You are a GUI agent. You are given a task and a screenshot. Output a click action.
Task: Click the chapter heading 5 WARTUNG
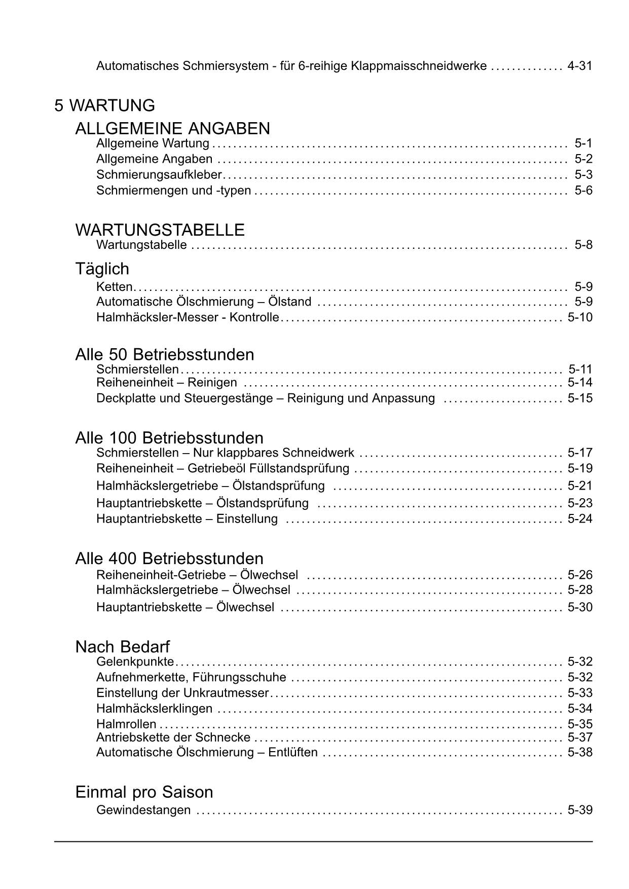(105, 106)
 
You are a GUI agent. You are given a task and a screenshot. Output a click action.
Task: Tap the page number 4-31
(580, 66)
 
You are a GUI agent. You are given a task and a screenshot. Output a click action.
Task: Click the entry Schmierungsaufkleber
(159, 175)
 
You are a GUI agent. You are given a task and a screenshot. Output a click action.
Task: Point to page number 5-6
(583, 191)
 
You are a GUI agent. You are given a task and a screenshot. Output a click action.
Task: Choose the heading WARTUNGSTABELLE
(160, 230)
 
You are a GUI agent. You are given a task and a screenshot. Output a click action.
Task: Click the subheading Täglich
(102, 269)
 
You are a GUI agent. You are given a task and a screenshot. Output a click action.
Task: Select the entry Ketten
(114, 287)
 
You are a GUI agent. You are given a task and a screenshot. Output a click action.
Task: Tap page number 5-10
(580, 317)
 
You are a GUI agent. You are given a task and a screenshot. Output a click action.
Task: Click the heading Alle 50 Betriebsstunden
(165, 354)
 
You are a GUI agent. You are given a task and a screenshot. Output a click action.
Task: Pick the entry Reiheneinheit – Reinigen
(167, 383)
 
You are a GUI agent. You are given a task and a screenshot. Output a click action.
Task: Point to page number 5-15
(580, 398)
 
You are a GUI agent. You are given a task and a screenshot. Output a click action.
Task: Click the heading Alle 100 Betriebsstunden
(169, 438)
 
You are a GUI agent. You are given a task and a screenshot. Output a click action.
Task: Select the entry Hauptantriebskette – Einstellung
(187, 519)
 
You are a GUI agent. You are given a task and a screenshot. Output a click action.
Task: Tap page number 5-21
(580, 486)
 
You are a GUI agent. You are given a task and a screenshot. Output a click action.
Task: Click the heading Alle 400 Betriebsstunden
(169, 559)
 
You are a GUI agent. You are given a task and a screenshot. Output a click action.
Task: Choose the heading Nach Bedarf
(123, 647)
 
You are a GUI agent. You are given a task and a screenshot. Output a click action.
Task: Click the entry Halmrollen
(126, 724)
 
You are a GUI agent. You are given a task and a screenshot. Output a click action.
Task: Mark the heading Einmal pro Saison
(144, 792)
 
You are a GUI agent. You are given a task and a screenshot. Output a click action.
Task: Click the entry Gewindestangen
(143, 810)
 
